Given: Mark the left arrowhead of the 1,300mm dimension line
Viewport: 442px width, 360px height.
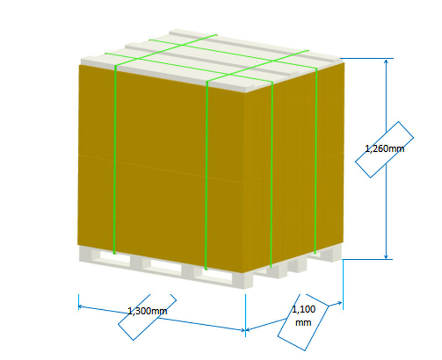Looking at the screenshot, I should [x=81, y=305].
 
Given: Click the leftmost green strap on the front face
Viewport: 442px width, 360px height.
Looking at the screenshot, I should [x=114, y=160].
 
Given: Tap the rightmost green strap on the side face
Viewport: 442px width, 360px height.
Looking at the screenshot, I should [x=315, y=160].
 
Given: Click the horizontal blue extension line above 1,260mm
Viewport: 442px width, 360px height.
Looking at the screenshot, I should [x=367, y=59].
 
